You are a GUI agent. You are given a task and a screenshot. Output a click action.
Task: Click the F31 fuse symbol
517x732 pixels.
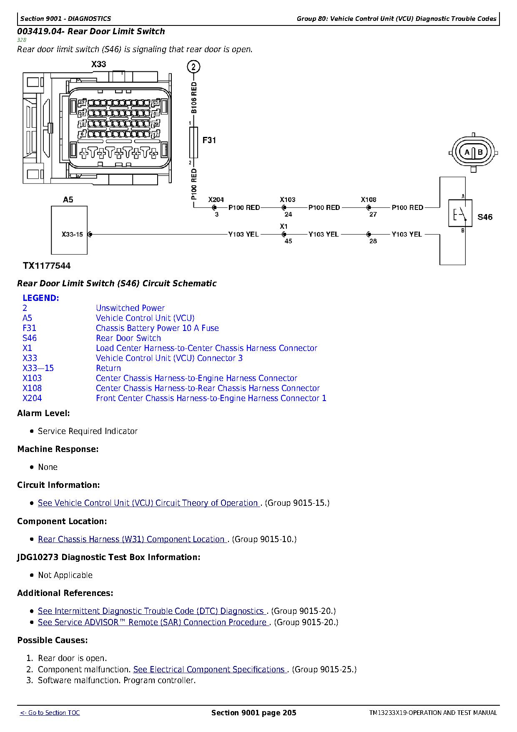(193, 143)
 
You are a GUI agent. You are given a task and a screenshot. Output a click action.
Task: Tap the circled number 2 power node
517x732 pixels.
(193, 67)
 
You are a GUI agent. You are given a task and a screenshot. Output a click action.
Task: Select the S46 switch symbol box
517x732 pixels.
(460, 213)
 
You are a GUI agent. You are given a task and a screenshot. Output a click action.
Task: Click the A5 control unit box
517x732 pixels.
(69, 230)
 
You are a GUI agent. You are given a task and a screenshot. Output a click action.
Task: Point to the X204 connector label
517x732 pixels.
(216, 200)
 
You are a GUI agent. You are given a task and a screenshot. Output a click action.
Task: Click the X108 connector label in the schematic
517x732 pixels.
(369, 200)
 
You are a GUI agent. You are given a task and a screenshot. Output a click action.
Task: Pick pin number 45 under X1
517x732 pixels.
(288, 241)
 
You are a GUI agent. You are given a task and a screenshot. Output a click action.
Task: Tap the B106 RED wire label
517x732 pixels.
(194, 98)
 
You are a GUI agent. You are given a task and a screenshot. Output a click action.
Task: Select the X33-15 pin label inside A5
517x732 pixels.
(72, 235)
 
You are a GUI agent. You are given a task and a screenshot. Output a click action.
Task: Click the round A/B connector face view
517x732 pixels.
(474, 152)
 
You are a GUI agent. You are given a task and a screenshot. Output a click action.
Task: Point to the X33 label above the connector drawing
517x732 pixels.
(99, 64)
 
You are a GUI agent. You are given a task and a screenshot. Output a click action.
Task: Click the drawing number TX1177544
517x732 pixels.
(47, 266)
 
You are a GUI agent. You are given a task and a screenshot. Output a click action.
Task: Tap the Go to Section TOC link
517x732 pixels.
(50, 713)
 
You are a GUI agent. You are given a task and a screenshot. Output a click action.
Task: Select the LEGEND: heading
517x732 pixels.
(41, 298)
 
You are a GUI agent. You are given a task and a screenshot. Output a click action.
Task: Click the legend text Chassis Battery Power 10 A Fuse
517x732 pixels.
(157, 328)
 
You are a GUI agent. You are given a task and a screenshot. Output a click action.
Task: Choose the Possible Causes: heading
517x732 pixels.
(53, 640)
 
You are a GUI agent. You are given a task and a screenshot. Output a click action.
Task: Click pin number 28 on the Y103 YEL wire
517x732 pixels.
(373, 241)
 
